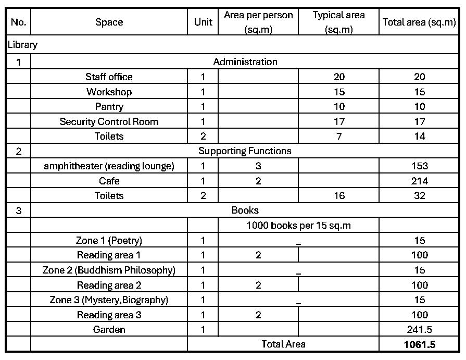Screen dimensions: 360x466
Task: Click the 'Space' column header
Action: (109, 22)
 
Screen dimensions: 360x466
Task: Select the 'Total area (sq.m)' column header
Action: (419, 22)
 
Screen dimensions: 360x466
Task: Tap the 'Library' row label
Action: (22, 45)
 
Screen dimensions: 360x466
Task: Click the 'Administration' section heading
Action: (245, 61)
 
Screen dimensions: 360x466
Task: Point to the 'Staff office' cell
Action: (109, 77)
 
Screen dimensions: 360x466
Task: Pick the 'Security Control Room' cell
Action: (109, 121)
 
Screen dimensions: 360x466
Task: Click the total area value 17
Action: (419, 121)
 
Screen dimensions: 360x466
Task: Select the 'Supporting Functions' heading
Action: (245, 151)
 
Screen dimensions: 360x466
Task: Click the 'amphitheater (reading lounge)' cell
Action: (109, 166)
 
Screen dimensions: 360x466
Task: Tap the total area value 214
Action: (419, 181)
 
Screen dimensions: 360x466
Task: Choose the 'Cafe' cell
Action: (109, 181)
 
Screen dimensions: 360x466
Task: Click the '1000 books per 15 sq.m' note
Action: (298, 226)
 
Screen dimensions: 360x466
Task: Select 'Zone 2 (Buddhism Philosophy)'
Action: (109, 270)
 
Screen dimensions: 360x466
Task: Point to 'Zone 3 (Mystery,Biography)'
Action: (109, 300)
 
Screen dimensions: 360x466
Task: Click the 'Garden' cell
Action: (109, 329)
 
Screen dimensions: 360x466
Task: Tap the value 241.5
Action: (419, 329)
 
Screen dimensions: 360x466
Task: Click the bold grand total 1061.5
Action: (419, 344)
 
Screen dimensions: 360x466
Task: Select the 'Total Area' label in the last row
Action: (283, 344)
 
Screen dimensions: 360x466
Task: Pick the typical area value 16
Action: (339, 196)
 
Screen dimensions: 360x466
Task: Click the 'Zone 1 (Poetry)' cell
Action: (109, 240)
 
